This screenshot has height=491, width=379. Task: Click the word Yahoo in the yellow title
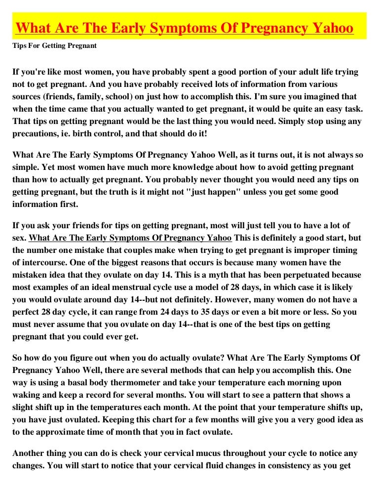pyautogui.click(x=330, y=29)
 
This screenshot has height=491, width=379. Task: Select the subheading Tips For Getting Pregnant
pyautogui.click(x=54, y=46)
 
